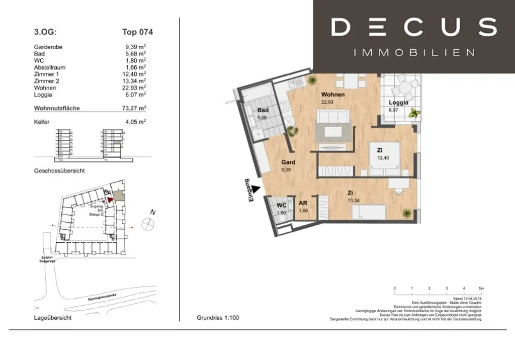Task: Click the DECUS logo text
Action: point(413,28)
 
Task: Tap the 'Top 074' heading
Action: point(137,32)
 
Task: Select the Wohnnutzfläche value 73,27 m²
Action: point(135,108)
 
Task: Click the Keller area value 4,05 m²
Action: point(135,121)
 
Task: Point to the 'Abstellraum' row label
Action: point(50,67)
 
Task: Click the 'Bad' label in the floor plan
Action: point(263,110)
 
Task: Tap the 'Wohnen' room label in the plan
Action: point(333,95)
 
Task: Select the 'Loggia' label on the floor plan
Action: point(397,103)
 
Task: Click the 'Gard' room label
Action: point(288,162)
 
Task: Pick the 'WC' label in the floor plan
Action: point(282,205)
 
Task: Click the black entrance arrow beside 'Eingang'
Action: point(255,189)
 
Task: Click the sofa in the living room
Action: point(332,118)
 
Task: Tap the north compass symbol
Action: point(148,224)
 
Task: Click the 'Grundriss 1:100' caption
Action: point(218,318)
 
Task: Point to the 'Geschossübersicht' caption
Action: point(59,171)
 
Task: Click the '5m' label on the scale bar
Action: point(481,288)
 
